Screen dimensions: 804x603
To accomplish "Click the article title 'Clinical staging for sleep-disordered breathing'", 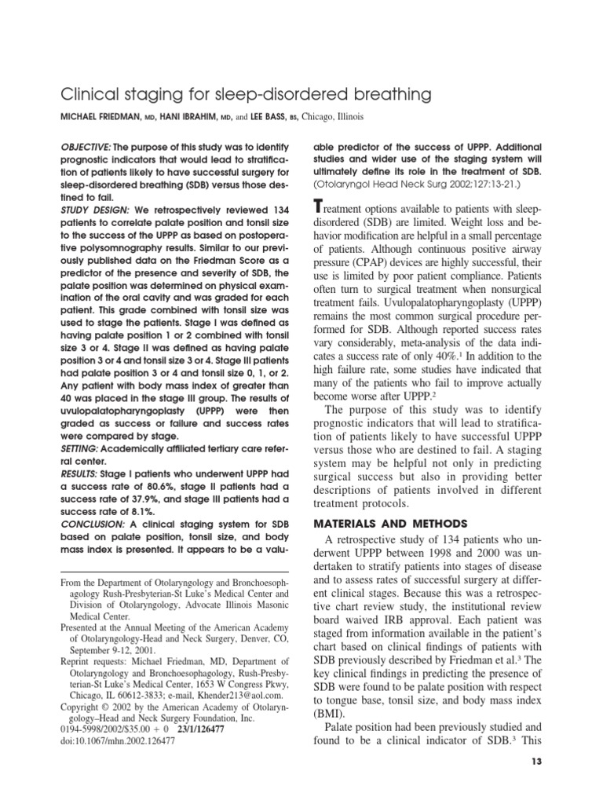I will coord(246,95).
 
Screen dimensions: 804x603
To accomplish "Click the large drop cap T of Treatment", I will coord(318,206).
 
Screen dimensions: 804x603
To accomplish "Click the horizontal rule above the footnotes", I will coord(175,572).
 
